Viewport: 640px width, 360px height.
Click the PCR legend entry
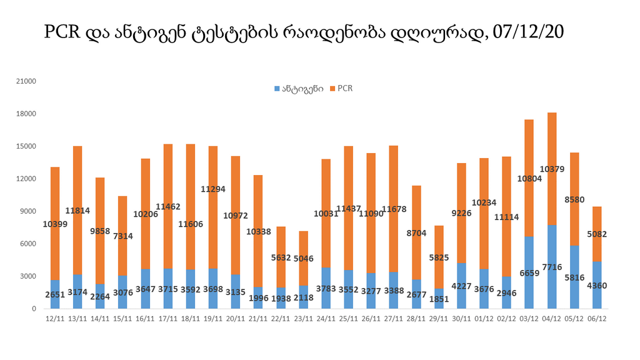click(345, 89)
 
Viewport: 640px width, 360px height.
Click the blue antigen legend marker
click(277, 89)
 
